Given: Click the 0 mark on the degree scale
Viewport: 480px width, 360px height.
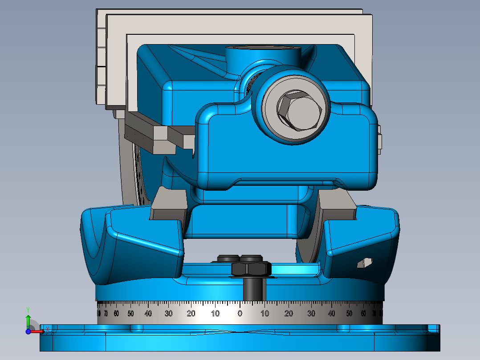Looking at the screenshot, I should click(x=240, y=314).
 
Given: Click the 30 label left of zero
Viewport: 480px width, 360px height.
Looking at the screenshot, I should click(x=168, y=314).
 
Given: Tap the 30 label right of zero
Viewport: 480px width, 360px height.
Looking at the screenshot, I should click(x=311, y=314).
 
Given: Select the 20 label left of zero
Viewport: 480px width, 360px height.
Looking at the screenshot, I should click(x=191, y=314).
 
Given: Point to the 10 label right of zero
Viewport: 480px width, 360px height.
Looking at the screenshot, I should click(x=264, y=314).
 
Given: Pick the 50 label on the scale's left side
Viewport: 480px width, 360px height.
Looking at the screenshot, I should click(x=130, y=314).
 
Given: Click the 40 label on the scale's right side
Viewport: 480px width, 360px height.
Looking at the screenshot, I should click(x=332, y=314).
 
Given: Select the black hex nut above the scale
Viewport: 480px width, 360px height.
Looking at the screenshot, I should click(x=251, y=269).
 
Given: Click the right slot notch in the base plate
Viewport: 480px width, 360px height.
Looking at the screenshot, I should click(x=343, y=328).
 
